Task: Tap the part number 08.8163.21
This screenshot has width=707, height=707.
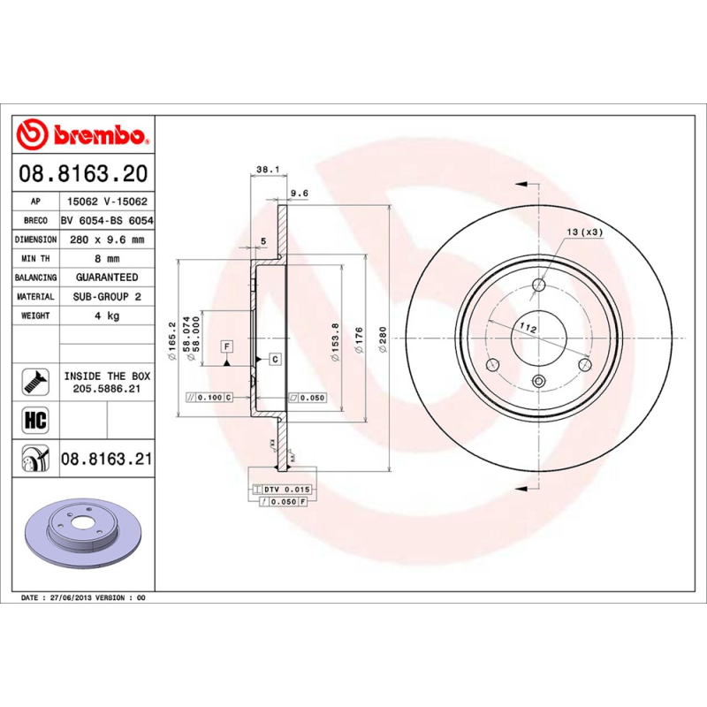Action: click(x=107, y=459)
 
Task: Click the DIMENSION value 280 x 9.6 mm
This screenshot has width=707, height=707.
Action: click(x=106, y=239)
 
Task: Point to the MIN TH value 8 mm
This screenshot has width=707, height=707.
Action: click(x=106, y=259)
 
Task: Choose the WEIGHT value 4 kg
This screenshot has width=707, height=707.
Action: click(x=106, y=315)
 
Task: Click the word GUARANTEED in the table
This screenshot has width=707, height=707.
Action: click(x=106, y=277)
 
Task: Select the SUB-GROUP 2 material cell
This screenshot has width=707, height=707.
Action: click(x=106, y=297)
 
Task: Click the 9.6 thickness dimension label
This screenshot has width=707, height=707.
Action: click(x=299, y=193)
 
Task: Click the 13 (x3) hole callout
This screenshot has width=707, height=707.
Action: click(x=584, y=232)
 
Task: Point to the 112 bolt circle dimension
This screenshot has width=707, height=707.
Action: click(x=528, y=328)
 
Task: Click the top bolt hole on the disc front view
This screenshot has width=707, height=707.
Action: click(x=538, y=285)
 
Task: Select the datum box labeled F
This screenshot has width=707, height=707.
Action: click(x=226, y=346)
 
